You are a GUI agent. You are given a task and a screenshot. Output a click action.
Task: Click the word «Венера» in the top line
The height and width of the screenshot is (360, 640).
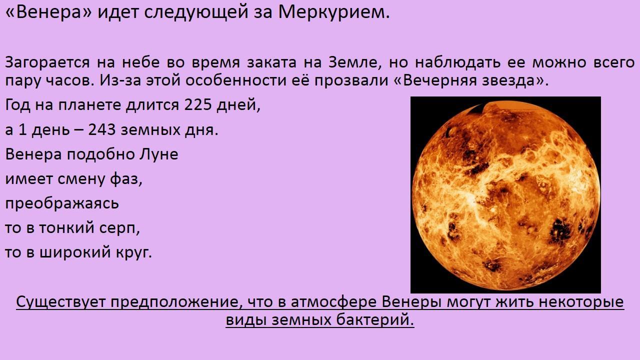(x=48, y=12)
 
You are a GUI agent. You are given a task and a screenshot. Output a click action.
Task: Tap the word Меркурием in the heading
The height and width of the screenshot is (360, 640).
(x=333, y=12)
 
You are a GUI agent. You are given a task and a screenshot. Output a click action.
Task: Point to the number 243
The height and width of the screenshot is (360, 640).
(x=101, y=130)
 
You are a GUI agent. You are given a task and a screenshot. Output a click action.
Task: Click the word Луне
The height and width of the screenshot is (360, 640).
(x=159, y=154)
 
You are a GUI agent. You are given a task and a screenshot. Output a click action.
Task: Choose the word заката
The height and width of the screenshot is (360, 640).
(x=271, y=63)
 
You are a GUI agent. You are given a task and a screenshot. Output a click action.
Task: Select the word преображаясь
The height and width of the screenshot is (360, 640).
(x=62, y=203)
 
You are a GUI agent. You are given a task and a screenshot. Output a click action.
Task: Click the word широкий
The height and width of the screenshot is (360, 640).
(x=75, y=253)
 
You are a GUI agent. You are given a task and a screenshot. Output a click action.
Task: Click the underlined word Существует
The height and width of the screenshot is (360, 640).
(x=60, y=302)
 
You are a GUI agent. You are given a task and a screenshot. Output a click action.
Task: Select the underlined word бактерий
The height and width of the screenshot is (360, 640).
(x=375, y=319)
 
